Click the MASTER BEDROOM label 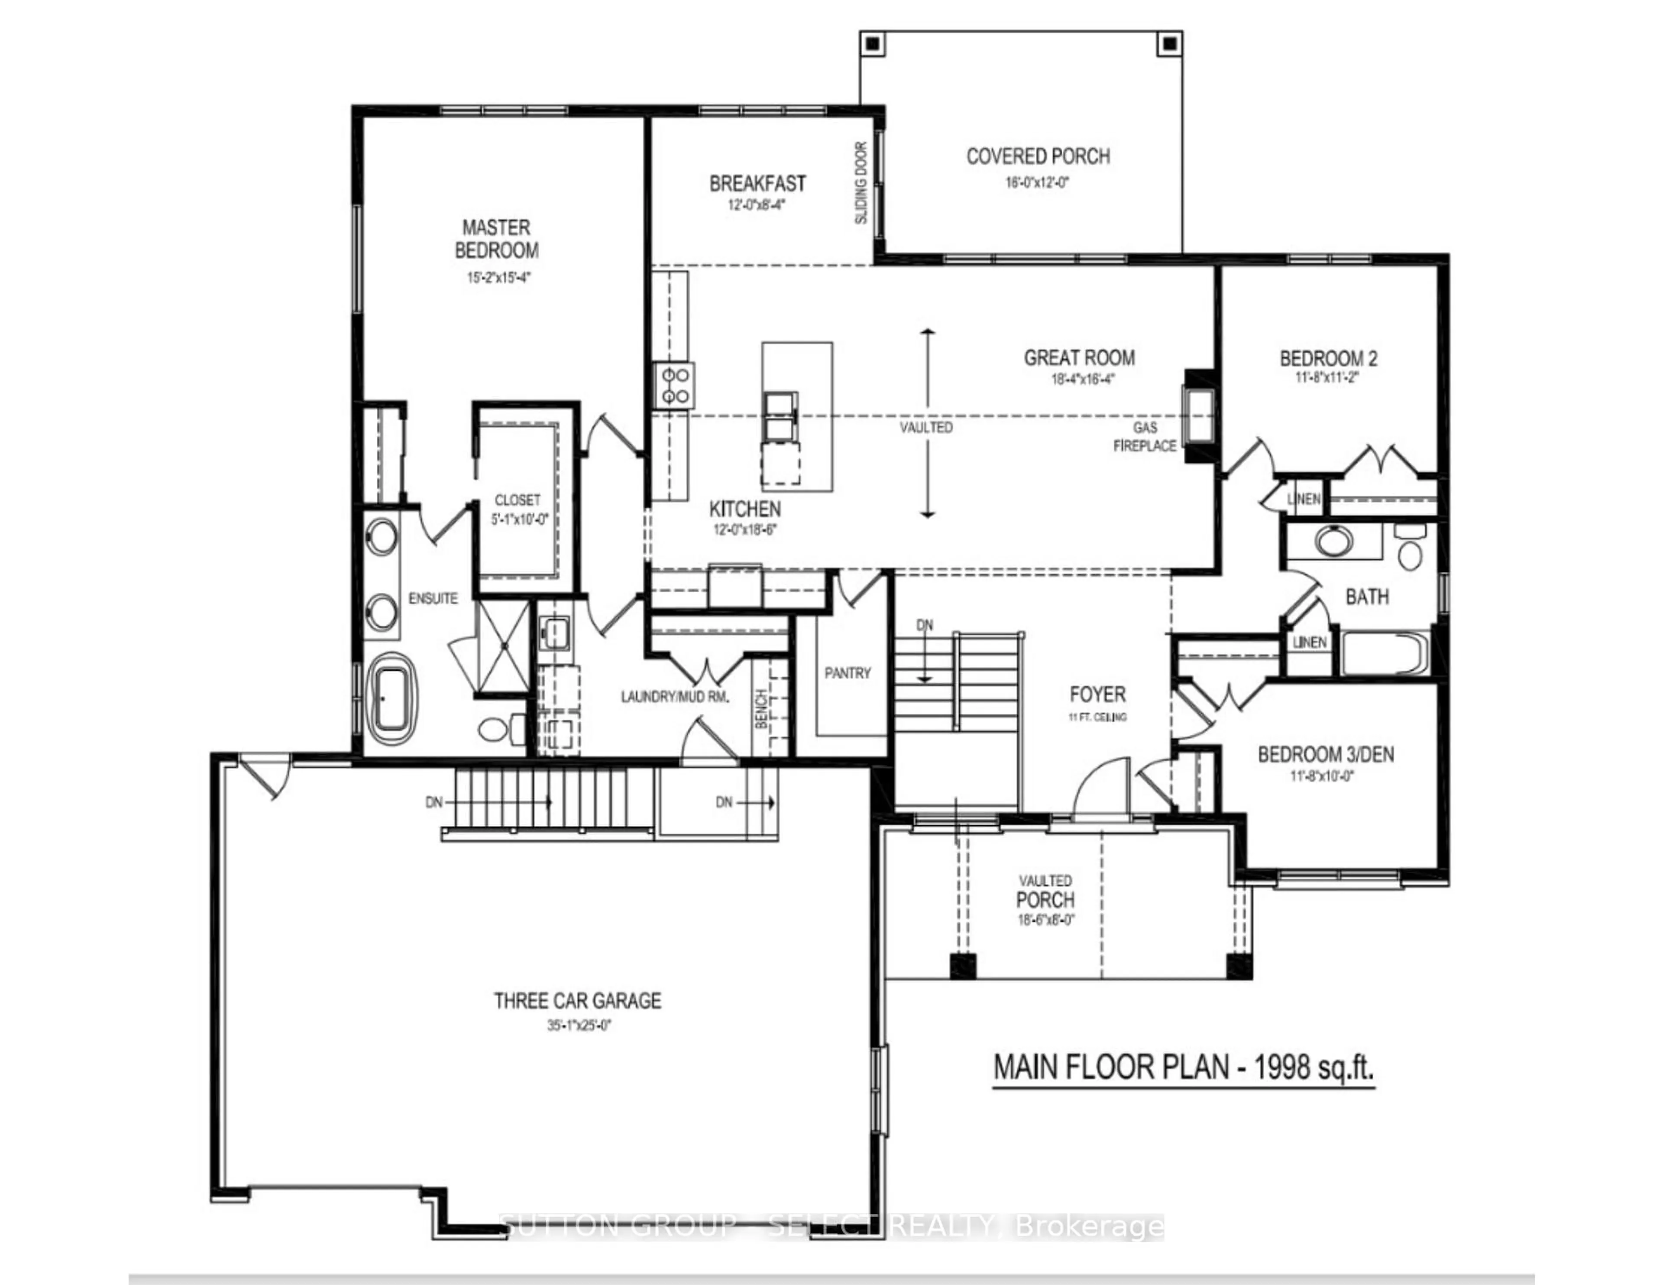click(x=496, y=238)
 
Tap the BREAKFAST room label click(x=757, y=184)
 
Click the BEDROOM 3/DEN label click(x=1326, y=755)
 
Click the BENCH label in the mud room click(x=760, y=710)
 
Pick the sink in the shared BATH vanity click(x=1333, y=542)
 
